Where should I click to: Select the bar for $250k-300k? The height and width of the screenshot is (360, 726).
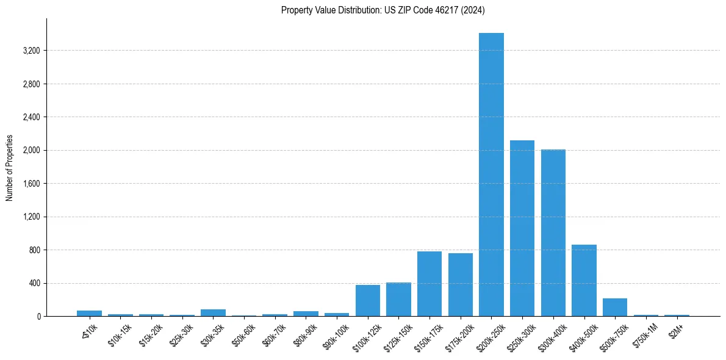tap(522, 228)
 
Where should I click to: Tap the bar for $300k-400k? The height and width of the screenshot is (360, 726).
tap(553, 232)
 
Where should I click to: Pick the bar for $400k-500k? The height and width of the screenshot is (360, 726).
tap(584, 280)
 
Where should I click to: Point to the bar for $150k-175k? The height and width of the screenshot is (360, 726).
tap(429, 284)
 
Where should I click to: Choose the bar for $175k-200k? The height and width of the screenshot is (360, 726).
tap(461, 284)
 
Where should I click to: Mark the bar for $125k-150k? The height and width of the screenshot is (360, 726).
tap(398, 299)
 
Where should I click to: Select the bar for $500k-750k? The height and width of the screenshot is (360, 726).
tap(615, 307)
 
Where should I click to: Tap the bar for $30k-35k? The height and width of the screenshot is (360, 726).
tap(213, 312)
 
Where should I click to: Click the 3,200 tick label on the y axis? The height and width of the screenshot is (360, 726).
tap(31, 51)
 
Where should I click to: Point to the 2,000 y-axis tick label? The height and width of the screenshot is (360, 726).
tap(31, 150)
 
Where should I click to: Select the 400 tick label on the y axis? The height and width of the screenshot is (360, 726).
tap(35, 283)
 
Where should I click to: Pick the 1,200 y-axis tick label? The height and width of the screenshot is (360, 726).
tap(31, 217)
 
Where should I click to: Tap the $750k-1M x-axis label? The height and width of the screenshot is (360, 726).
tap(645, 332)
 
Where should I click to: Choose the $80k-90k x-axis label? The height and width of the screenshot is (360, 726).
tap(305, 332)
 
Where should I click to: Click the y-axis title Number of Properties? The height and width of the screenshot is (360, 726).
tap(10, 168)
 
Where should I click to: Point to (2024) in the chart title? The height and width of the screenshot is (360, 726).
tap(473, 10)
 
